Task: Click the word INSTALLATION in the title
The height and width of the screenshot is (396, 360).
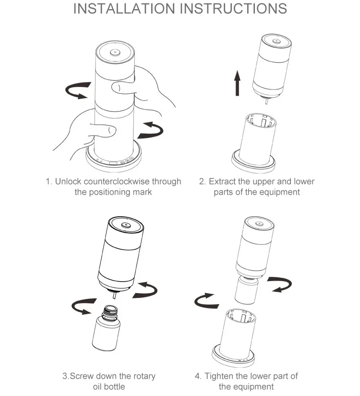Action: point(124,8)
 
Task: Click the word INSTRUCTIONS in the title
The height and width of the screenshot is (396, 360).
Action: point(233,8)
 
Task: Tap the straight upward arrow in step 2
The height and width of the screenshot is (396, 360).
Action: point(237,83)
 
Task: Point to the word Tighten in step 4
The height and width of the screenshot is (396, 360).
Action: point(219,376)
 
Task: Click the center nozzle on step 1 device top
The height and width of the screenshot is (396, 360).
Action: point(115,52)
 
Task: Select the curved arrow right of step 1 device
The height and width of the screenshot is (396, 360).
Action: point(151,130)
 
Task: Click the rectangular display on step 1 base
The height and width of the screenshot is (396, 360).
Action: point(113,163)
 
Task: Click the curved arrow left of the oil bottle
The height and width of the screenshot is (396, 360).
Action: point(83,306)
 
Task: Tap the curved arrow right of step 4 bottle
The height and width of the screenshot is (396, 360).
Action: point(280,285)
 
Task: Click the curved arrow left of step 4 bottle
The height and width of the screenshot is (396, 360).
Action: point(205,300)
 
